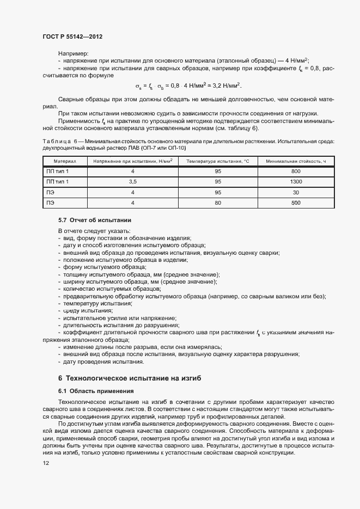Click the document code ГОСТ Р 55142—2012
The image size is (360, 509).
pyautogui.click(x=72, y=36)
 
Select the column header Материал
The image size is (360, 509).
pyautogui.click(x=65, y=161)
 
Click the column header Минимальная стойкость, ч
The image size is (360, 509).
pyautogui.click(x=296, y=161)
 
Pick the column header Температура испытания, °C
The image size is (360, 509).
pyautogui.click(x=217, y=161)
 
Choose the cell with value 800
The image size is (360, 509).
pyautogui.click(x=296, y=171)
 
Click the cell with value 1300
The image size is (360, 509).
pyautogui.click(x=296, y=182)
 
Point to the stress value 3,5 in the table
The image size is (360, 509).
pyautogui.click(x=132, y=182)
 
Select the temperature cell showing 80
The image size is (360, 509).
pyautogui.click(x=217, y=203)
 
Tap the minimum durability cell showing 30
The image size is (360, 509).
pyautogui.click(x=296, y=192)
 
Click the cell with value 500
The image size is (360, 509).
pyautogui.click(x=296, y=203)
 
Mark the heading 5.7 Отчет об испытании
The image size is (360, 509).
pyautogui.click(x=95, y=220)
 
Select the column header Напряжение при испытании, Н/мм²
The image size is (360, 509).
pyautogui.click(x=132, y=161)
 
